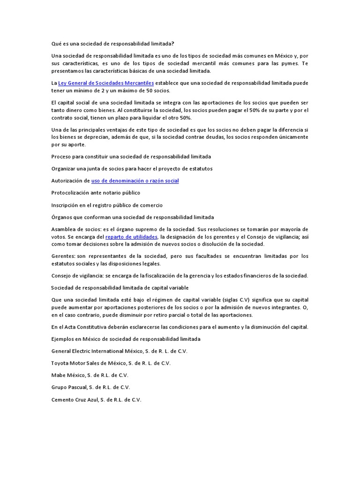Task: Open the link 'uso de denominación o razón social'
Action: click(x=135, y=180)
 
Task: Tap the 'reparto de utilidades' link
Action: click(x=131, y=237)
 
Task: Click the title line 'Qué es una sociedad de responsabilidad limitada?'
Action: click(x=112, y=44)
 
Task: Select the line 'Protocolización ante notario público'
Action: click(x=96, y=193)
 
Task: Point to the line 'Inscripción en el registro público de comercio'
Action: click(x=107, y=205)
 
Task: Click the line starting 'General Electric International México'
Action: click(x=119, y=351)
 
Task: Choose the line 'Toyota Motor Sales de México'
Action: click(x=111, y=363)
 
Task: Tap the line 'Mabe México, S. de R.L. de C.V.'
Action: click(x=90, y=375)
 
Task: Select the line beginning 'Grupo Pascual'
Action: click(x=90, y=387)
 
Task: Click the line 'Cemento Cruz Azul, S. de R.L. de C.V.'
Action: click(x=96, y=400)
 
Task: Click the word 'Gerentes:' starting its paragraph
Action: click(x=63, y=256)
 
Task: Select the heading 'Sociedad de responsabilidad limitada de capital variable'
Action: click(x=120, y=287)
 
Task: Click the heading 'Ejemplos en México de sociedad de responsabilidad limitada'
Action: click(x=126, y=338)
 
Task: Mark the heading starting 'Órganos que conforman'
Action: click(x=132, y=217)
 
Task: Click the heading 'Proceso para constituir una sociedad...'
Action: click(x=131, y=156)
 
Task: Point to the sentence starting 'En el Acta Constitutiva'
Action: click(x=180, y=327)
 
